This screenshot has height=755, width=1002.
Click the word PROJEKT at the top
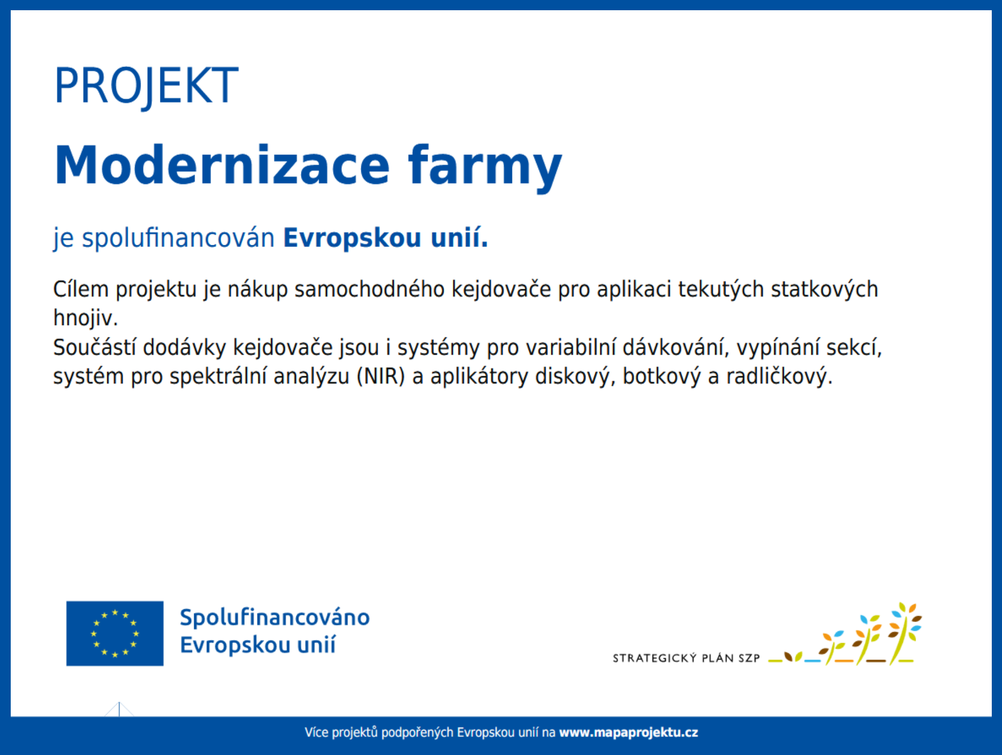tap(146, 86)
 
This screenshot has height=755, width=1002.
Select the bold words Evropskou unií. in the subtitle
tap(386, 238)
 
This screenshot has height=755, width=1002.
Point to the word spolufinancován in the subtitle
tap(178, 238)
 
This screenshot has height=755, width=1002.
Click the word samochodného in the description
tap(369, 289)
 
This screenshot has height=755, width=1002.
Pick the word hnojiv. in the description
tap(86, 318)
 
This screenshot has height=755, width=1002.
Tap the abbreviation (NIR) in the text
tap(381, 377)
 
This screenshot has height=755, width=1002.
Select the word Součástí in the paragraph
tap(95, 348)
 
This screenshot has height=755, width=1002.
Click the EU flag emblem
tap(115, 633)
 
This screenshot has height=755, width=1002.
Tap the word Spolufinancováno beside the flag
tap(275, 618)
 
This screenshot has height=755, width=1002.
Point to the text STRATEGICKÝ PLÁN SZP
tap(686, 658)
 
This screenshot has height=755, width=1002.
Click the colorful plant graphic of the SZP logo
tap(846, 634)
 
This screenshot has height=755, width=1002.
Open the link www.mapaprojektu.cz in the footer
tap(628, 733)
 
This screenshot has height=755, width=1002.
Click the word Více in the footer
tap(316, 733)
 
